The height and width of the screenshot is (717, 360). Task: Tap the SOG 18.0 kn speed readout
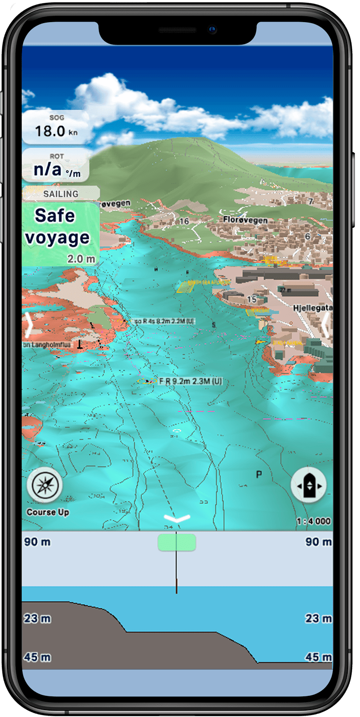pos(55,127)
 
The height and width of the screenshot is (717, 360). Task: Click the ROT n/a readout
pos(55,166)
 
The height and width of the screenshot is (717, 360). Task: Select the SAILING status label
pos(61,194)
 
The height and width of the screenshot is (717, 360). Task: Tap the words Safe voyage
pos(57,227)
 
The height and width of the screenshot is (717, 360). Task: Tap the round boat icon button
pos(309,486)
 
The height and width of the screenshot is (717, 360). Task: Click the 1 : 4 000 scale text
pos(313,521)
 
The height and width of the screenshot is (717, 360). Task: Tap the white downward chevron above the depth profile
pos(177,519)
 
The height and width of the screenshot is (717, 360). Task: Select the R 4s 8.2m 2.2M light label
pos(164,321)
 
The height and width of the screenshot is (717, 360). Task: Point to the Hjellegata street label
pos(312,307)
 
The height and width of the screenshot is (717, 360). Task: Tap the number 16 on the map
pos(184,221)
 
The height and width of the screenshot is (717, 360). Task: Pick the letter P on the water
pos(259,474)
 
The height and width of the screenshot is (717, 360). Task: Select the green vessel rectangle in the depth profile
pos(177,542)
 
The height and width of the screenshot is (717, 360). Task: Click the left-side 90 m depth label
pos(37,542)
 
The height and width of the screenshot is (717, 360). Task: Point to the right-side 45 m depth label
pos(318,657)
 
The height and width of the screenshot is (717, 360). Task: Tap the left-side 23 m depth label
pos(37,618)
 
